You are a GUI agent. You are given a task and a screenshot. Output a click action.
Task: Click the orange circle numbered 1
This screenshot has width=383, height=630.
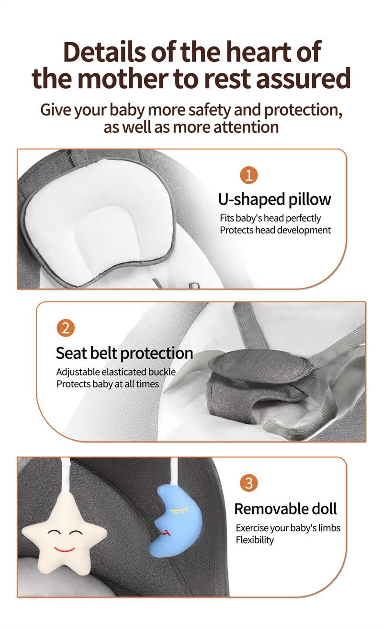coord(249,175)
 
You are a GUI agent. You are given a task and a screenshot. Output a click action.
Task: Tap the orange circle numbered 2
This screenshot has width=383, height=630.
coord(66,328)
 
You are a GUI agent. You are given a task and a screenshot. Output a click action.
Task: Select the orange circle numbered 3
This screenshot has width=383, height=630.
coord(249,483)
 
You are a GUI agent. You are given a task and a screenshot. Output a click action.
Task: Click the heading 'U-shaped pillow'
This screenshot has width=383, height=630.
coord(275,199)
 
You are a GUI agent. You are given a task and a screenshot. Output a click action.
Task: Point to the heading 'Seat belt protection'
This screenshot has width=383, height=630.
coord(124,353)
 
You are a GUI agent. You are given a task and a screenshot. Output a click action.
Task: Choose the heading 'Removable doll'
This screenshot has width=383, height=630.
coord(285,509)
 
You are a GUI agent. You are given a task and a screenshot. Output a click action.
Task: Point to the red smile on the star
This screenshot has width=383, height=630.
coord(64,548)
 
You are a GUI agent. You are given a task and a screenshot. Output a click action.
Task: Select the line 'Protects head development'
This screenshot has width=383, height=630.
coord(275,230)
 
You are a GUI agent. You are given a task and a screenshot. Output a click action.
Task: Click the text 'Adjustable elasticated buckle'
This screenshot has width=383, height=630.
coord(116,372)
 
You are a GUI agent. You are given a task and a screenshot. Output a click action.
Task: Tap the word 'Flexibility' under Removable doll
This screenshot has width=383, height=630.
coord(255,540)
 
